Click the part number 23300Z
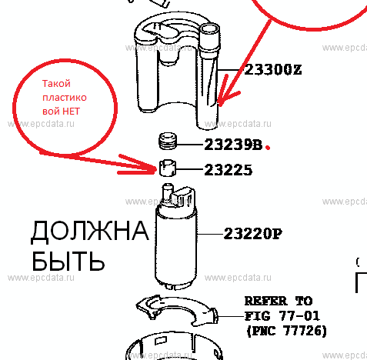(x=273, y=70)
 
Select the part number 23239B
(x=233, y=145)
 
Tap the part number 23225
(x=228, y=170)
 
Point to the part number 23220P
(x=252, y=234)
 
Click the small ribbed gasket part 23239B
(x=168, y=141)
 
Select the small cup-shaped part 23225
(x=168, y=168)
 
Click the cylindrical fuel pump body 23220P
(x=176, y=246)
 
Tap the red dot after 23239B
(x=268, y=148)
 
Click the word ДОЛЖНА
(x=90, y=231)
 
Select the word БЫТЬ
(x=68, y=261)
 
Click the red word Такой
(x=56, y=84)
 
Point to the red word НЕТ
(x=71, y=112)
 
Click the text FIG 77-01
(x=282, y=316)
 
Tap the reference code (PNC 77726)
(x=286, y=331)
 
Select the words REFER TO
(x=279, y=301)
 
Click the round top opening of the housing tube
(x=209, y=29)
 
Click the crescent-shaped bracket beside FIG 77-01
(x=177, y=310)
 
